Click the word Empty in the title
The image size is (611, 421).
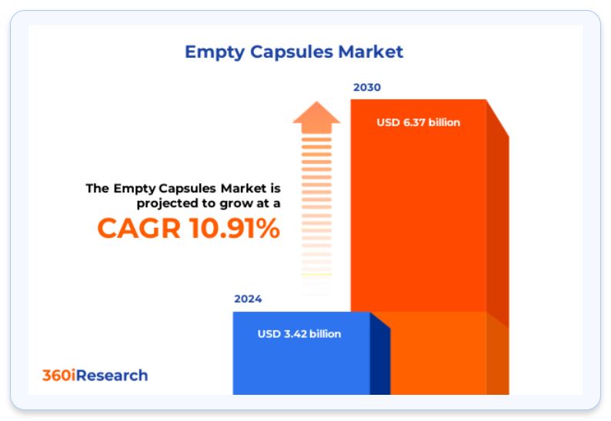click(215, 52)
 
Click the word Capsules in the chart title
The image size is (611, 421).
click(292, 52)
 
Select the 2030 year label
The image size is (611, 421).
click(367, 87)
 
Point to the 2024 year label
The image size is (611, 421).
click(248, 299)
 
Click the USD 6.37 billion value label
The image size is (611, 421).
click(418, 122)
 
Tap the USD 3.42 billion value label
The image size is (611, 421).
click(299, 334)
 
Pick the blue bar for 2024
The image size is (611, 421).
click(301, 353)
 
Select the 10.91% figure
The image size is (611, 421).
click(235, 228)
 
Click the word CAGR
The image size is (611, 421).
click(139, 228)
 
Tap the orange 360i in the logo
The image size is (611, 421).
click(58, 376)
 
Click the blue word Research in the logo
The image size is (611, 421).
click(112, 376)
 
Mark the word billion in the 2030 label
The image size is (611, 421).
click(444, 122)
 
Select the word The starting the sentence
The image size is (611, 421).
click(98, 189)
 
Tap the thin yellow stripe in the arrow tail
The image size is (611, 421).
click(316, 275)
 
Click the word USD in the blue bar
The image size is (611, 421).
click(269, 334)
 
